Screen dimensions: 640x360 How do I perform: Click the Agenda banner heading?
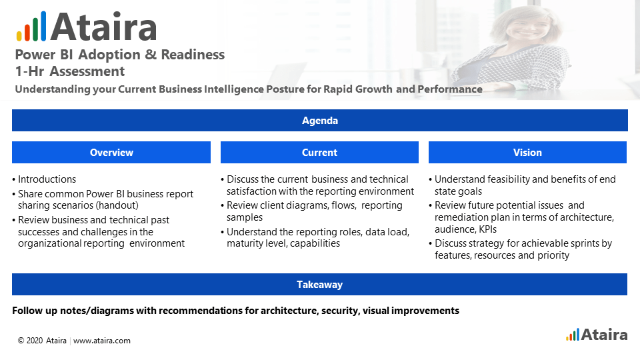[319, 121]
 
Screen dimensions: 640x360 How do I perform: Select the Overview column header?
[111, 152]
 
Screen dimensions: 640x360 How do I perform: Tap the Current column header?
[319, 152]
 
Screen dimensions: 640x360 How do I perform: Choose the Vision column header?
[527, 152]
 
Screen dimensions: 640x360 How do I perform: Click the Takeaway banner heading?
[319, 285]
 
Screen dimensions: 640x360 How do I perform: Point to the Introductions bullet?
[47, 179]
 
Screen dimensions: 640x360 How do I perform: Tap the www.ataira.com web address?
[101, 341]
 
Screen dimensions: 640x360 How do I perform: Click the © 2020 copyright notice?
[30, 341]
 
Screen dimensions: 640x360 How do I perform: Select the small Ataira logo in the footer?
[596, 335]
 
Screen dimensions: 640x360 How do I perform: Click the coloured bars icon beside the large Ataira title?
[31, 26]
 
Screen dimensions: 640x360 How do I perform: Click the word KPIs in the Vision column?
[488, 229]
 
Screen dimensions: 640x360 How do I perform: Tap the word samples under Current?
[245, 217]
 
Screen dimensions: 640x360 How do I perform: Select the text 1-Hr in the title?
[29, 71]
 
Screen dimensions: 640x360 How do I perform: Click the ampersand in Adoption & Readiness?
[151, 54]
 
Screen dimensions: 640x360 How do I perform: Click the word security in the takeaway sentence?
[341, 311]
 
